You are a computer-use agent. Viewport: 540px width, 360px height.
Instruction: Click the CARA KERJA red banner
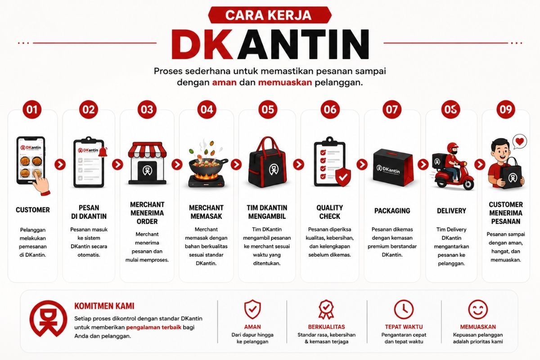click(x=270, y=15)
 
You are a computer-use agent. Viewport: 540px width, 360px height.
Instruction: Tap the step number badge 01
click(x=32, y=109)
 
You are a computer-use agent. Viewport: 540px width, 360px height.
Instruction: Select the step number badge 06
click(x=330, y=109)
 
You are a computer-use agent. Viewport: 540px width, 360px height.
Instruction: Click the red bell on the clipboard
click(x=103, y=152)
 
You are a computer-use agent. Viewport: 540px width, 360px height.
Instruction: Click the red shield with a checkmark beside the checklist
click(x=343, y=177)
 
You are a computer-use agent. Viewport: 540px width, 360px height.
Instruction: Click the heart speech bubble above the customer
click(x=519, y=142)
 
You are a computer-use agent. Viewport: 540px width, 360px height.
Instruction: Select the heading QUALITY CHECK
click(x=329, y=212)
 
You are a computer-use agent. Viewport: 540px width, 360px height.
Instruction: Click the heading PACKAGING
click(x=392, y=211)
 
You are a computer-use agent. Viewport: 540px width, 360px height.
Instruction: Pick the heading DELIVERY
click(x=451, y=211)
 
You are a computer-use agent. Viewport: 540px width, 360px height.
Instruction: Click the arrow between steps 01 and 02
click(x=60, y=164)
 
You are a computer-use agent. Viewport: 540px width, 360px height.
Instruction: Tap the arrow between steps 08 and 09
click(x=480, y=164)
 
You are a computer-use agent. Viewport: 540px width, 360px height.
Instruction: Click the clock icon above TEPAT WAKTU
click(x=404, y=309)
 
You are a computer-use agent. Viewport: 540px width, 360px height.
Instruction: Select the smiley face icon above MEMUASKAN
click(x=478, y=309)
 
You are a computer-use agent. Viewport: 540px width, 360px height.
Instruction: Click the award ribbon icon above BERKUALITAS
click(x=326, y=309)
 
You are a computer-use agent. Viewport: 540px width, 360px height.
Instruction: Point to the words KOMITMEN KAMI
click(x=104, y=306)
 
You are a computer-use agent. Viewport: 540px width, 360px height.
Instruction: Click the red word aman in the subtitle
click(x=224, y=82)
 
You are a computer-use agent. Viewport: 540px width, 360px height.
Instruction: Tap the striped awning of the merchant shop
click(x=147, y=149)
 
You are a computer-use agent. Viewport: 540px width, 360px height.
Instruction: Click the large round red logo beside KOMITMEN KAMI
click(x=48, y=318)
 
